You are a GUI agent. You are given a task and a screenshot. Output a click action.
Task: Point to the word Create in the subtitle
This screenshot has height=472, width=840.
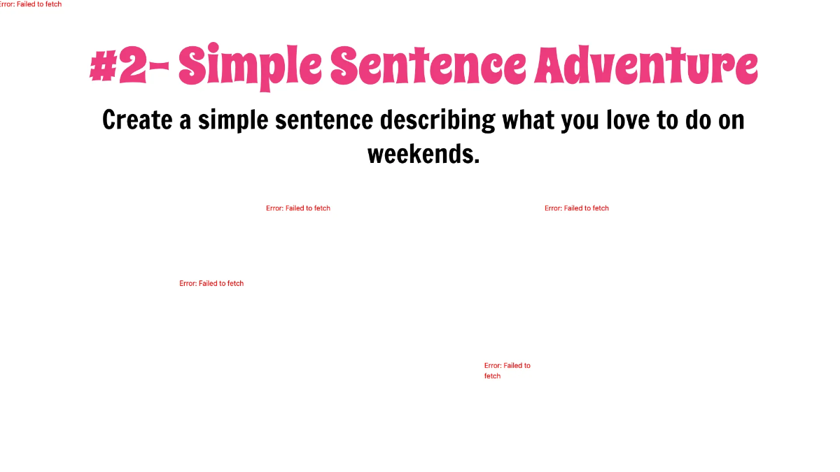pos(137,120)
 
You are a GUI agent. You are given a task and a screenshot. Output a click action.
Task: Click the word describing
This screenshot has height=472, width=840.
pos(437,120)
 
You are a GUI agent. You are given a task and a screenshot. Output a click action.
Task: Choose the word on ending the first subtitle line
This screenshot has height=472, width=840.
pos(731,120)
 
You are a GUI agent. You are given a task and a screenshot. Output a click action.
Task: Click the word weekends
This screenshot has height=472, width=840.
pos(419,153)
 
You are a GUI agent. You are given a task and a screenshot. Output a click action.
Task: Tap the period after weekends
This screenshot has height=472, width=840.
pos(477,161)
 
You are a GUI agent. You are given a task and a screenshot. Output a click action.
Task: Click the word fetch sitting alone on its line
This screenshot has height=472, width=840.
pos(492,376)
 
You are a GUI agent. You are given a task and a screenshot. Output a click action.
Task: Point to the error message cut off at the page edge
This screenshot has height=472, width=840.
pos(31,4)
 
